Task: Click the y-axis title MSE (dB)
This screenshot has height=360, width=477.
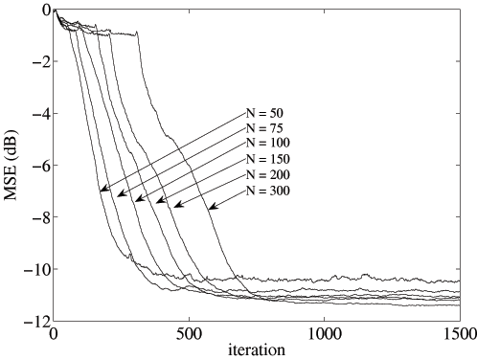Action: (11, 165)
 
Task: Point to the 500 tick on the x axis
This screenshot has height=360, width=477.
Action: (189, 333)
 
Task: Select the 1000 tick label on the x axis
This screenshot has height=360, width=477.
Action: (324, 333)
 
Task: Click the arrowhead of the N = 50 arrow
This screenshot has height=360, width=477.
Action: (102, 191)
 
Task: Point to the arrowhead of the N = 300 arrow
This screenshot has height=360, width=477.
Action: (211, 206)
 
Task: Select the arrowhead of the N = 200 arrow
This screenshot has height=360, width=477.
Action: (176, 204)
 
